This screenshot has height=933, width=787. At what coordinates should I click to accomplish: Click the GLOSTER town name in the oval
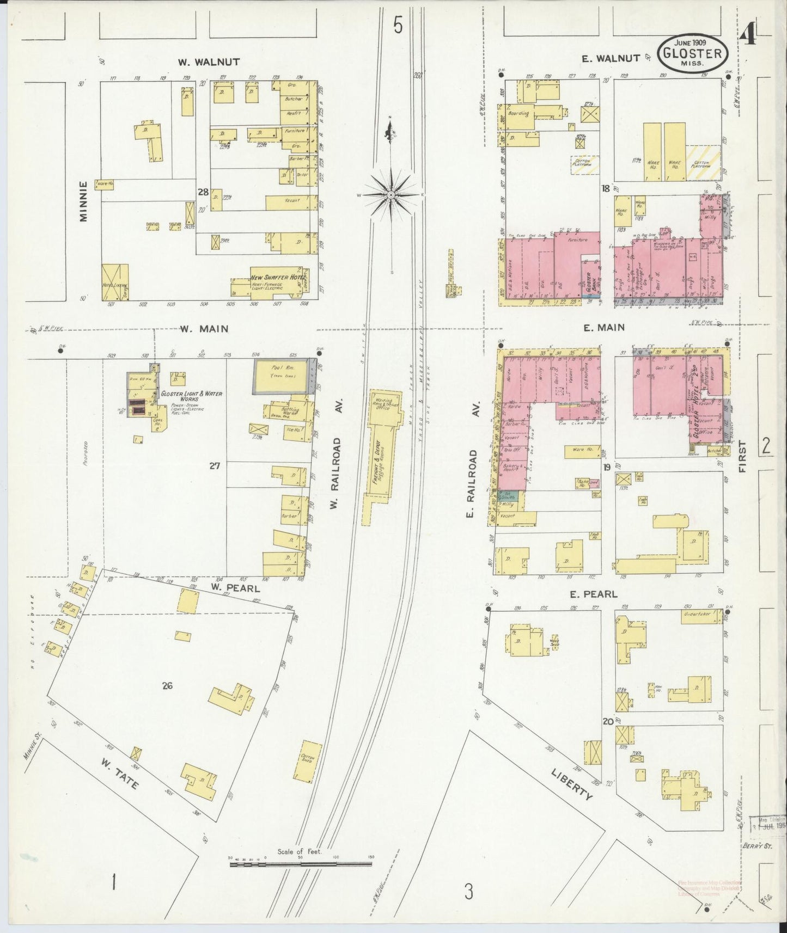pos(693,54)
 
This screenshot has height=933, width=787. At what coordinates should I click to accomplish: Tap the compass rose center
pos(391,194)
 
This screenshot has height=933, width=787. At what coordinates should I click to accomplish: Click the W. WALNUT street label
pos(209,62)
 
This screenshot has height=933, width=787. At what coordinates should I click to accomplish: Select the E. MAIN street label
pos(603,328)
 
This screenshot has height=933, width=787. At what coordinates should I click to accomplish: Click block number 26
pos(167,686)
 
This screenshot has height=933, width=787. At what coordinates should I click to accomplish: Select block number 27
pos(215,466)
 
